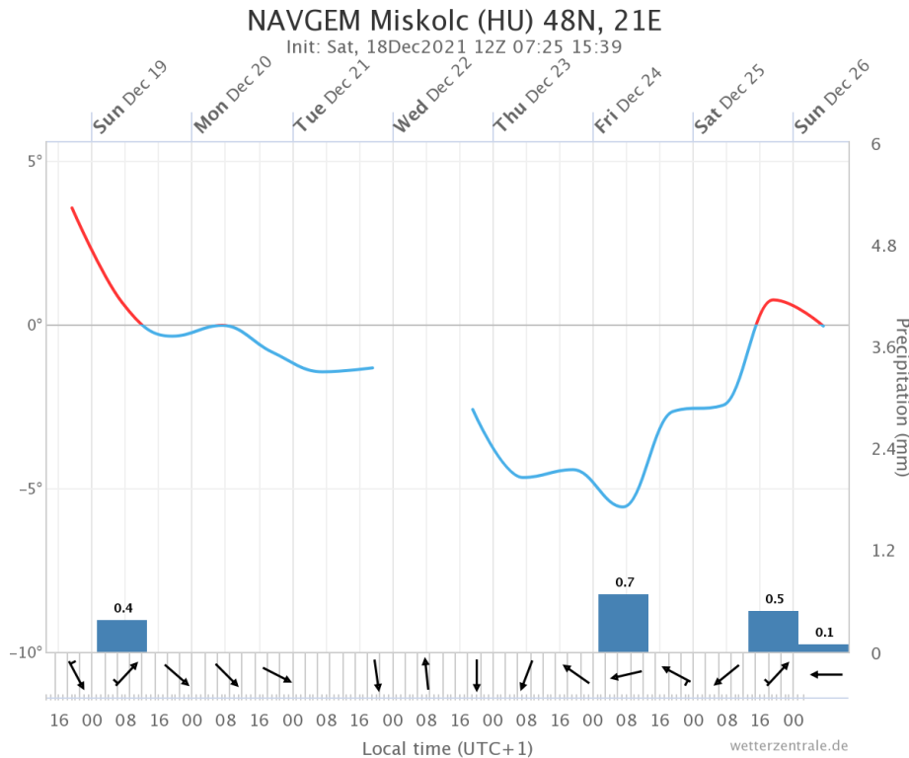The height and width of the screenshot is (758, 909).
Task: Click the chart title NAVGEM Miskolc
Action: pyautogui.click(x=453, y=21)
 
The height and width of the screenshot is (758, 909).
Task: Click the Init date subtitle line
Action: pyautogui.click(x=453, y=46)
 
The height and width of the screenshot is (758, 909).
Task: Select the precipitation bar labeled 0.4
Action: pyautogui.click(x=121, y=636)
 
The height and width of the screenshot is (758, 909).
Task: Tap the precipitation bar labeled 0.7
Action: pyautogui.click(x=623, y=623)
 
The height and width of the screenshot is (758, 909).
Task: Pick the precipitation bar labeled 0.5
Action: pyautogui.click(x=773, y=632)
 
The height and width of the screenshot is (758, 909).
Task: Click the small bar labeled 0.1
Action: pyautogui.click(x=823, y=647)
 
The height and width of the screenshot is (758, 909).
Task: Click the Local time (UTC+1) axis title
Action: pyautogui.click(x=448, y=747)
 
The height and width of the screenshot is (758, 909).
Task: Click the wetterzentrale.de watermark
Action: pyautogui.click(x=789, y=745)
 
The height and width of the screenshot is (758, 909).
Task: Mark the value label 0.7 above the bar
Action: pyautogui.click(x=624, y=582)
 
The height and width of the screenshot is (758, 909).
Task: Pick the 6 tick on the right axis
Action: pyautogui.click(x=875, y=144)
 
